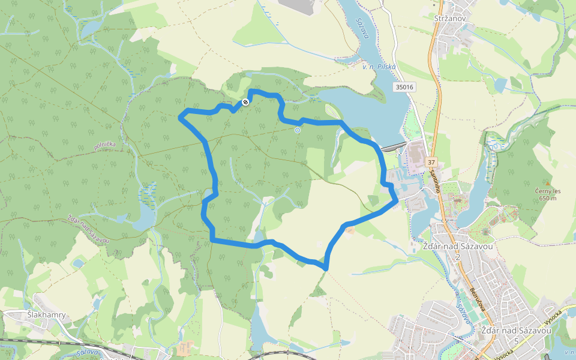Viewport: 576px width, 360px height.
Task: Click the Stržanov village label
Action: coord(449,19)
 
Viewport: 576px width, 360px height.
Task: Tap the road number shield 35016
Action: coord(405,88)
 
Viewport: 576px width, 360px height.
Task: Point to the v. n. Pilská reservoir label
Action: coord(379,67)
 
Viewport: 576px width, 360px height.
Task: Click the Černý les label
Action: coord(548,191)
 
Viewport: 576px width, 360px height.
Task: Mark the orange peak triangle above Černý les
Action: coord(547,184)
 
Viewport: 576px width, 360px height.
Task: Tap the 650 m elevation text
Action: coord(548,199)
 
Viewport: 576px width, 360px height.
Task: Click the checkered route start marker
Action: coord(245,103)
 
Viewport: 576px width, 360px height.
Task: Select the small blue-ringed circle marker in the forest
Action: coord(297,130)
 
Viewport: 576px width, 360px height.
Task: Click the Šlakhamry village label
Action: coord(46,315)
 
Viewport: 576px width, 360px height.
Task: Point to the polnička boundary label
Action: coord(104,145)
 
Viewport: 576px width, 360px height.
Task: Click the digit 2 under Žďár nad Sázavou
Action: coord(457,257)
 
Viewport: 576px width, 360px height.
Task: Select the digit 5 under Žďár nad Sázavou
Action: coord(515,341)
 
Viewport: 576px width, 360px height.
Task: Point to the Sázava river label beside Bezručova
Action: coord(461,312)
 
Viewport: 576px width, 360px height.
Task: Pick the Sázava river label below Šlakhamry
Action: coord(87,353)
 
